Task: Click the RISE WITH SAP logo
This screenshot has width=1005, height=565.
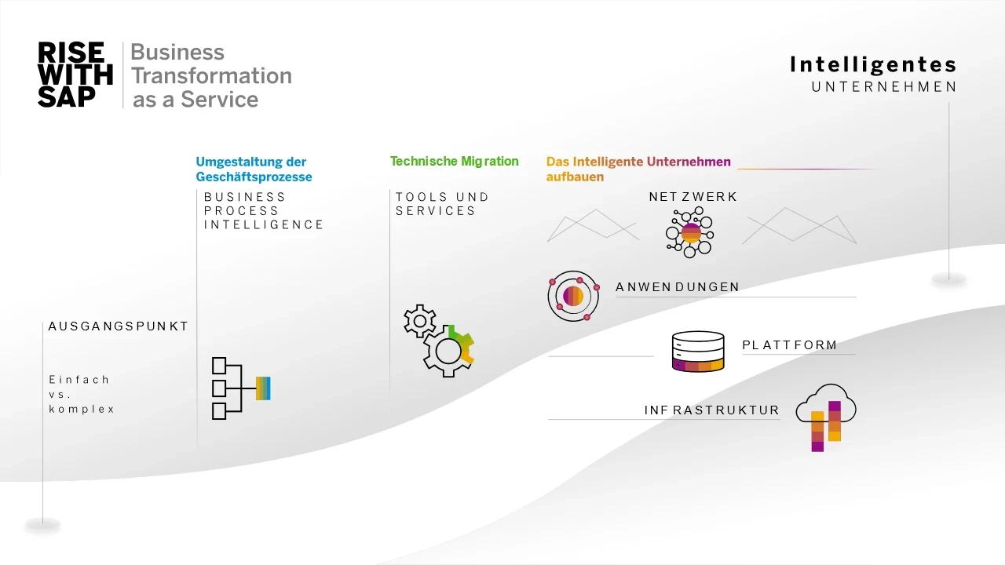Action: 75,75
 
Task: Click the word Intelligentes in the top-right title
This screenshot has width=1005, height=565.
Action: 873,64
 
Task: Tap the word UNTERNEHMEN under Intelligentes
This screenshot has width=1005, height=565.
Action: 884,87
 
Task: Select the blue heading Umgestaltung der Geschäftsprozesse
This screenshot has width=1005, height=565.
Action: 254,169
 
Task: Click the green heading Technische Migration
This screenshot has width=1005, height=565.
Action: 454,162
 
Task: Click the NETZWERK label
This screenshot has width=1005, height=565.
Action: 693,197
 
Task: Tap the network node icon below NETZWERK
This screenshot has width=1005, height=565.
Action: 689,233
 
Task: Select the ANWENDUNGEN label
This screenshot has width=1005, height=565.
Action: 678,287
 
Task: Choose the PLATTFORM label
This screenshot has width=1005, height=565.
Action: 789,345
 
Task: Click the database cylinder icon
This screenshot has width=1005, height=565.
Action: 698,351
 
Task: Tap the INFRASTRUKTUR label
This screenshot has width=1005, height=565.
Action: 711,410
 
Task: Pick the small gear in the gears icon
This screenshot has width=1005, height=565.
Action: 420,321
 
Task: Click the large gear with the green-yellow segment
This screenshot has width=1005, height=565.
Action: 449,351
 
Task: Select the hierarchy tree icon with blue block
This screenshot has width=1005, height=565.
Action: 240,388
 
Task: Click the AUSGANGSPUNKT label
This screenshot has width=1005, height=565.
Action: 119,326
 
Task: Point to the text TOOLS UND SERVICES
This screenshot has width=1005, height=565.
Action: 442,204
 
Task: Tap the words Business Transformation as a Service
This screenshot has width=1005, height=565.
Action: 210,75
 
